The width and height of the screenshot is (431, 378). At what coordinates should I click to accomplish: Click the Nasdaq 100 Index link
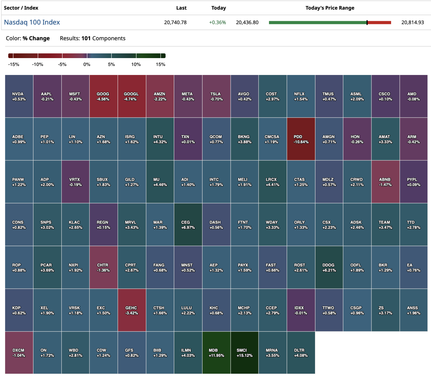pyautogui.click(x=32, y=22)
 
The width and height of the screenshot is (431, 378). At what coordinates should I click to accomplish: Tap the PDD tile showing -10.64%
pyautogui.click(x=301, y=139)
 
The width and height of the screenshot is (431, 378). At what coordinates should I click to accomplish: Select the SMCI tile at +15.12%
pyautogui.click(x=245, y=353)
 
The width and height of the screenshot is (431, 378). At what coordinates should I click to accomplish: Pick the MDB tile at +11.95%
pyautogui.click(x=216, y=353)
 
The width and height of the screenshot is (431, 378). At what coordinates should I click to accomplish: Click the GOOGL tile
pyautogui.click(x=131, y=96)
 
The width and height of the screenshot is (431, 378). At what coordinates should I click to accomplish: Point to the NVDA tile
pyautogui.click(x=19, y=96)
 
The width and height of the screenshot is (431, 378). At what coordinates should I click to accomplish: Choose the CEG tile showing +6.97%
pyautogui.click(x=188, y=225)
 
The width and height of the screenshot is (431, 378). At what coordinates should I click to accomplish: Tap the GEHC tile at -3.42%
pyautogui.click(x=131, y=310)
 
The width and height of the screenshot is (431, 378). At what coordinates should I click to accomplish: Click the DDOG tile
pyautogui.click(x=329, y=267)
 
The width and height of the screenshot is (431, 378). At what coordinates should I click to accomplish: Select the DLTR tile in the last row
pyautogui.click(x=301, y=353)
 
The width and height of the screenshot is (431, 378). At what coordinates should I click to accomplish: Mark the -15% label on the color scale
pyautogui.click(x=14, y=65)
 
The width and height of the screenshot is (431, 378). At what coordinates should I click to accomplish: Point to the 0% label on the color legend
pyautogui.click(x=87, y=65)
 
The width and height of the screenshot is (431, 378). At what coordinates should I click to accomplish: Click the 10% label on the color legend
pyautogui.click(x=136, y=65)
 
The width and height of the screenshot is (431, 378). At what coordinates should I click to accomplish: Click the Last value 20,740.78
pyautogui.click(x=175, y=22)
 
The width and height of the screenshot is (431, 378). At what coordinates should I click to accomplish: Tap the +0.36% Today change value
pyautogui.click(x=217, y=22)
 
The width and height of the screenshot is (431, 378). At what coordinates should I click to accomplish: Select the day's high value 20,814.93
pyautogui.click(x=412, y=22)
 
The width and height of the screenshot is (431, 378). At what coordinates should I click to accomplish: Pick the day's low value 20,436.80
pyautogui.click(x=247, y=22)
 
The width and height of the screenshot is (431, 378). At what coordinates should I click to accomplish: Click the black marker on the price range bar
pyautogui.click(x=367, y=23)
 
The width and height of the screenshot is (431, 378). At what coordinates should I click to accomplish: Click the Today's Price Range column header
pyautogui.click(x=330, y=8)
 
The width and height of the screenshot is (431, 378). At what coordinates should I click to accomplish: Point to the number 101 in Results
pyautogui.click(x=86, y=38)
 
